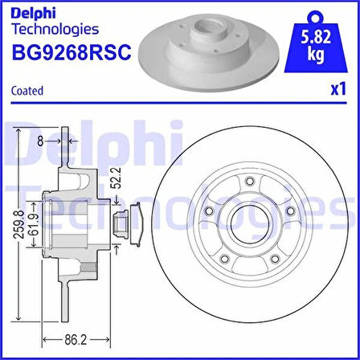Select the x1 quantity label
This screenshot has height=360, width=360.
click(x=338, y=90)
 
